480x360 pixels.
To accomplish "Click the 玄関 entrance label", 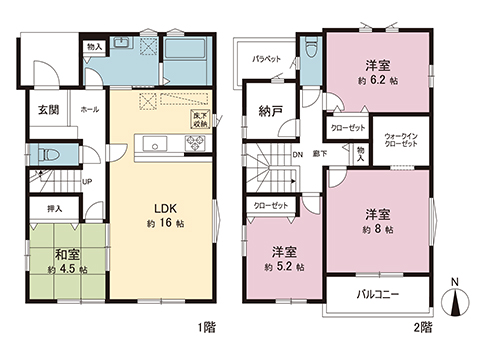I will (x=47, y=111).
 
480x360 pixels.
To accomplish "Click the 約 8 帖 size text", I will (x=377, y=230).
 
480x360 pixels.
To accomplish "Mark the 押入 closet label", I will (x=55, y=209).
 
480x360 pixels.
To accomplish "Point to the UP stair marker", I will (x=88, y=181).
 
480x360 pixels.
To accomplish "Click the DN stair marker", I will (x=297, y=154).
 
